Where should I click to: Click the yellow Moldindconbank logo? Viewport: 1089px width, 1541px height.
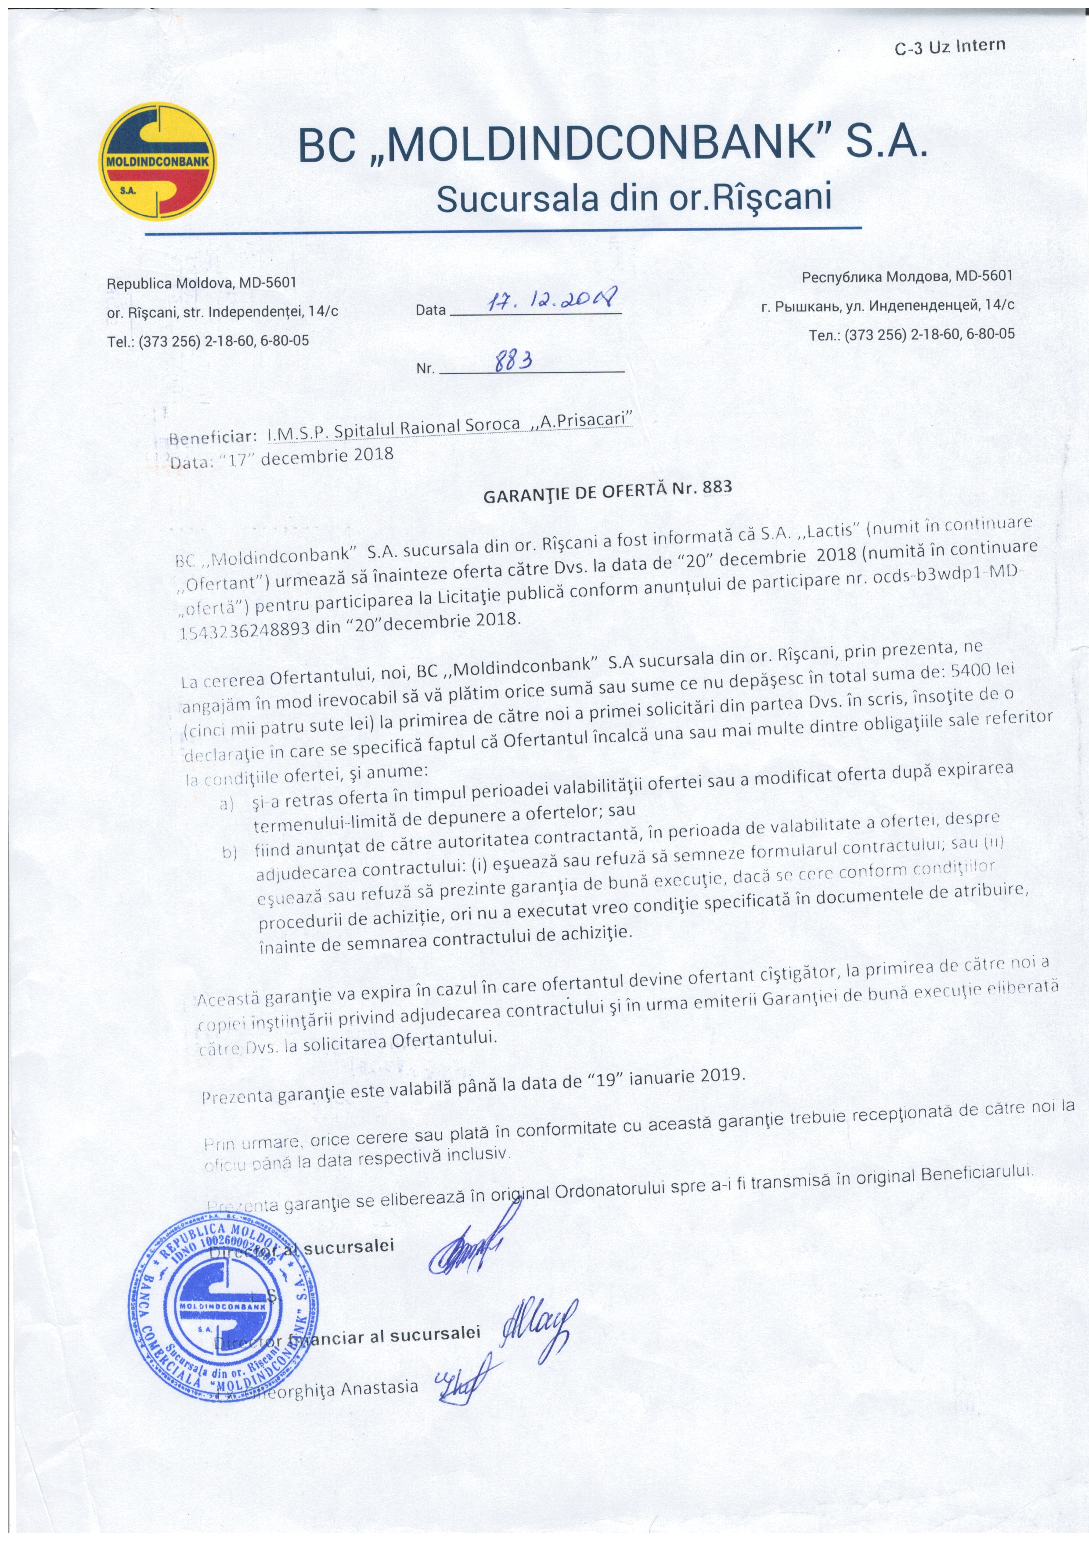tap(159, 161)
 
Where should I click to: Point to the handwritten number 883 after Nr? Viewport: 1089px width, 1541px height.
tap(513, 362)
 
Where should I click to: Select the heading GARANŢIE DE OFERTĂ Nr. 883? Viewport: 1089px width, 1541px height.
tap(607, 491)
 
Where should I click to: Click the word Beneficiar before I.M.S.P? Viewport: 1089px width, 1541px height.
tap(212, 438)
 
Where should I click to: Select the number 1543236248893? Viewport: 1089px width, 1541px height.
tap(245, 629)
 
